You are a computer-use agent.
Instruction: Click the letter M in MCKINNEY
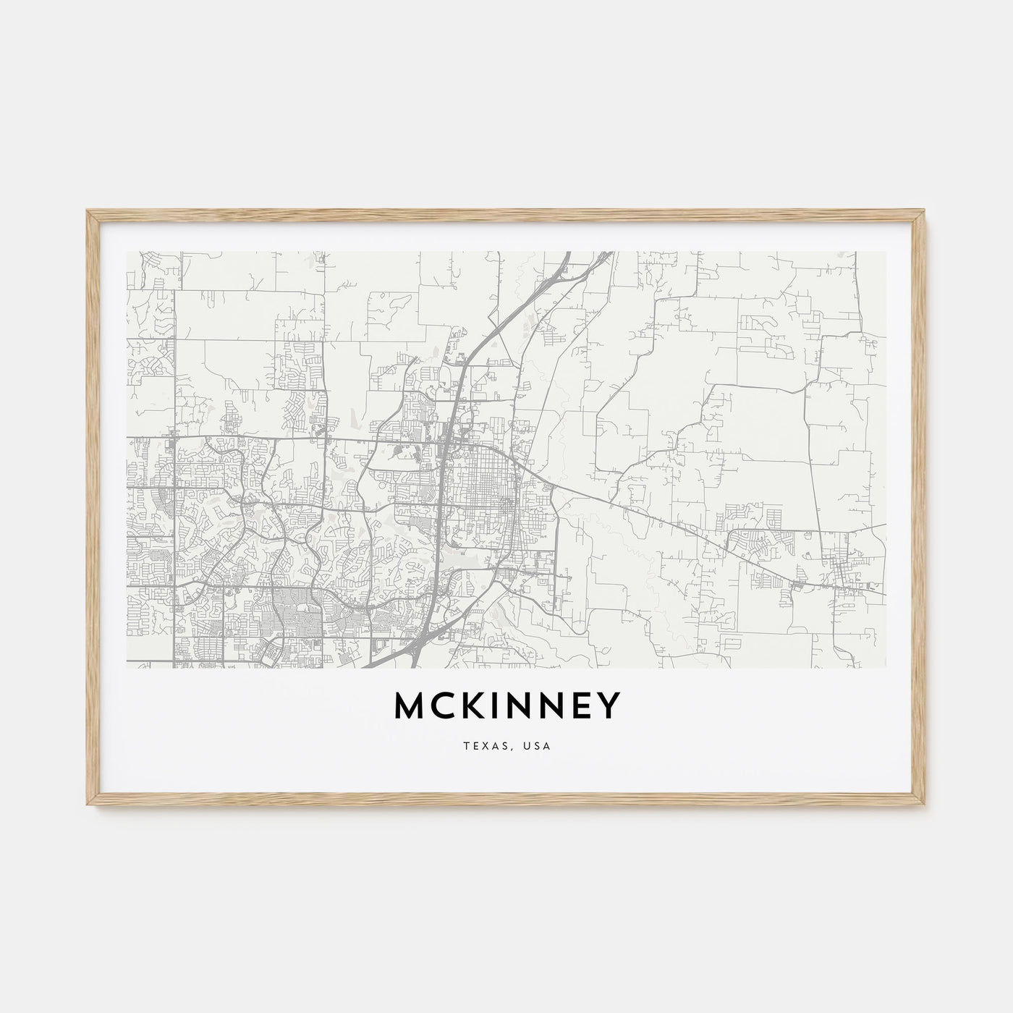click(x=410, y=707)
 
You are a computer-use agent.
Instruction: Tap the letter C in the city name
click(x=444, y=707)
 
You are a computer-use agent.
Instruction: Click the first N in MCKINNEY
click(x=520, y=707)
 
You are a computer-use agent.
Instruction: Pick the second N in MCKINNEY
click(x=554, y=707)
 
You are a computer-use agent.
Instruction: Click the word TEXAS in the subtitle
click(x=481, y=745)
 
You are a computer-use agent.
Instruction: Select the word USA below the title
click(x=538, y=745)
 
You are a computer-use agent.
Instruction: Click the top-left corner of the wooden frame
click(x=87, y=211)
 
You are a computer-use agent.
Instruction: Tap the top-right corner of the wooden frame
click(x=927, y=211)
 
